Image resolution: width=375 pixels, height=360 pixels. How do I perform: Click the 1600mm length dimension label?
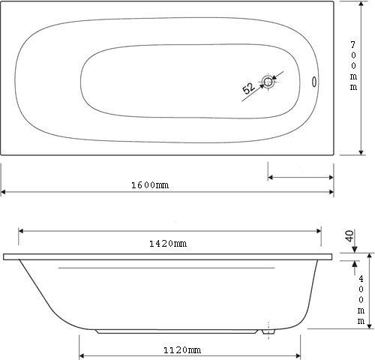tap(150, 185)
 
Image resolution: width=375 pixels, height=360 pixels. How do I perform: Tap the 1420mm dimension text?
tap(168, 244)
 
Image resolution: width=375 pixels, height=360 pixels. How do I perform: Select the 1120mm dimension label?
tap(182, 350)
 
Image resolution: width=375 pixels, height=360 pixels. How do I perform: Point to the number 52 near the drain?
tap(248, 88)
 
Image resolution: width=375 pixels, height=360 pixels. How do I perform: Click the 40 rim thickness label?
tap(349, 236)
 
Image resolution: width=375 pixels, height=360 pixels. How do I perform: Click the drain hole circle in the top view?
tap(268, 82)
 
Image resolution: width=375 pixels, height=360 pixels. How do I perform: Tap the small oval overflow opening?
tap(314, 82)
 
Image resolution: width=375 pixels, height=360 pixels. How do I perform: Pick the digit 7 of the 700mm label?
tap(352, 45)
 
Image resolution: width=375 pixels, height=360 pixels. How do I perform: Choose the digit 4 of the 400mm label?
tap(361, 278)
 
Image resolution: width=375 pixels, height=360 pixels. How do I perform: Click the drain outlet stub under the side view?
tap(268, 331)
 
